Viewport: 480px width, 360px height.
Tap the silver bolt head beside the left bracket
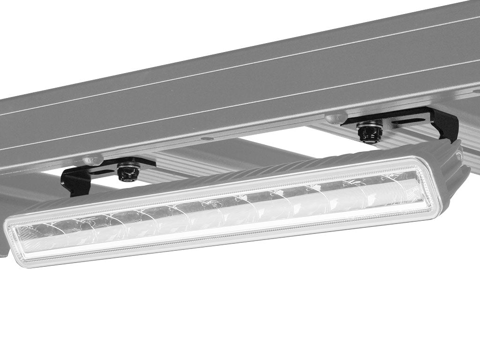click(x=93, y=160)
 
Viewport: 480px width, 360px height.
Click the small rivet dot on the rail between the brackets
click(x=205, y=139)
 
